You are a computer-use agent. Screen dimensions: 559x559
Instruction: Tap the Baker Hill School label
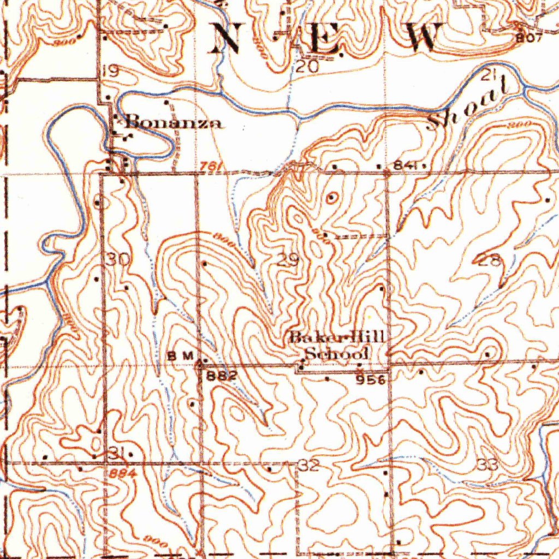coord(337,345)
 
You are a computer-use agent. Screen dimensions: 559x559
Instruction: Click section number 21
coord(488,76)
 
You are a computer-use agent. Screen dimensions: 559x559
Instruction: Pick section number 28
coord(490,261)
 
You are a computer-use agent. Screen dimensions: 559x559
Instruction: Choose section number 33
coord(487,465)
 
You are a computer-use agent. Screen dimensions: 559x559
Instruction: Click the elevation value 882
coord(221,376)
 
